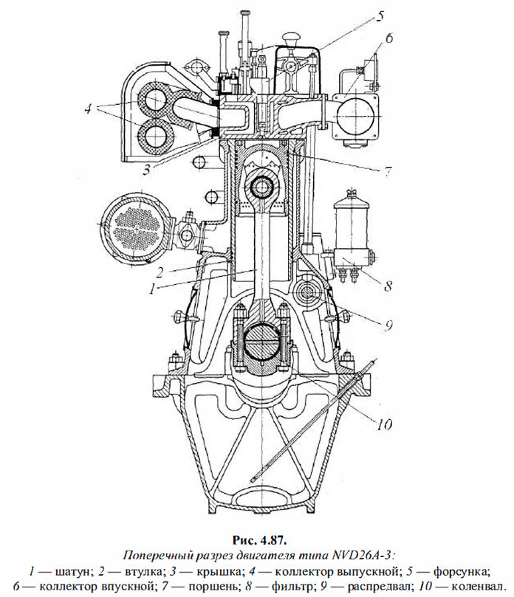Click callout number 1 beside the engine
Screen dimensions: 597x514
(x=151, y=289)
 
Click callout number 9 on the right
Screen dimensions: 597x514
(x=388, y=323)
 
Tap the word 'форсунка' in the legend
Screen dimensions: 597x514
(x=462, y=570)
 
